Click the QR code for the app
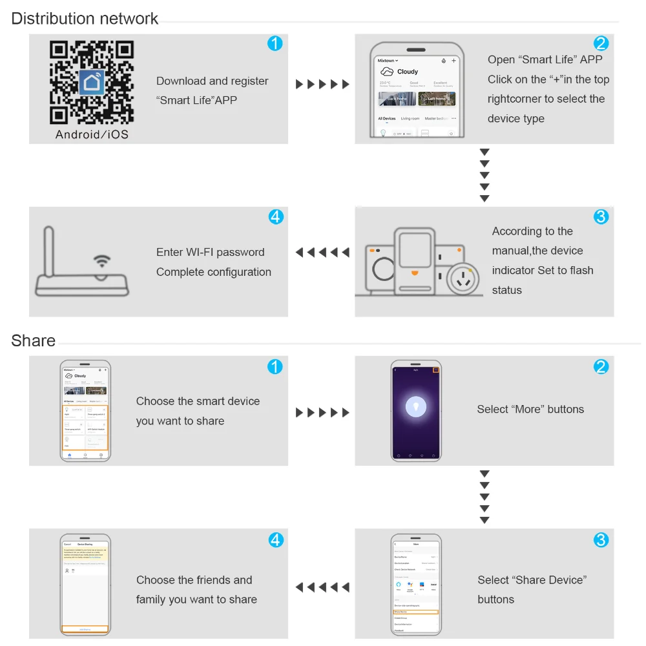tap(92, 82)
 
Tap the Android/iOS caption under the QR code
tap(92, 134)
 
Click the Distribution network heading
tap(85, 19)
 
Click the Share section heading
tap(33, 340)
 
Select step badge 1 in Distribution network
tap(275, 44)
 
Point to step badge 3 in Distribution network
tap(601, 216)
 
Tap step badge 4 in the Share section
tap(276, 539)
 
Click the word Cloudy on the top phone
tap(408, 72)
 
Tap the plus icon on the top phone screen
tap(453, 61)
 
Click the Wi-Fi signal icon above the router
tap(101, 261)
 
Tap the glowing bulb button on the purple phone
tap(416, 406)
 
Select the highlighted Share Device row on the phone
tap(415, 611)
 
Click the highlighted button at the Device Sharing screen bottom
tap(85, 629)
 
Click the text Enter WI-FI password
tap(210, 252)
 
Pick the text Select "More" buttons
tap(530, 409)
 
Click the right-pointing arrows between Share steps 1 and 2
tap(322, 412)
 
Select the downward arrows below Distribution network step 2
tap(484, 175)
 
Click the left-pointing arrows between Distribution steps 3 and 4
tap(322, 253)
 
